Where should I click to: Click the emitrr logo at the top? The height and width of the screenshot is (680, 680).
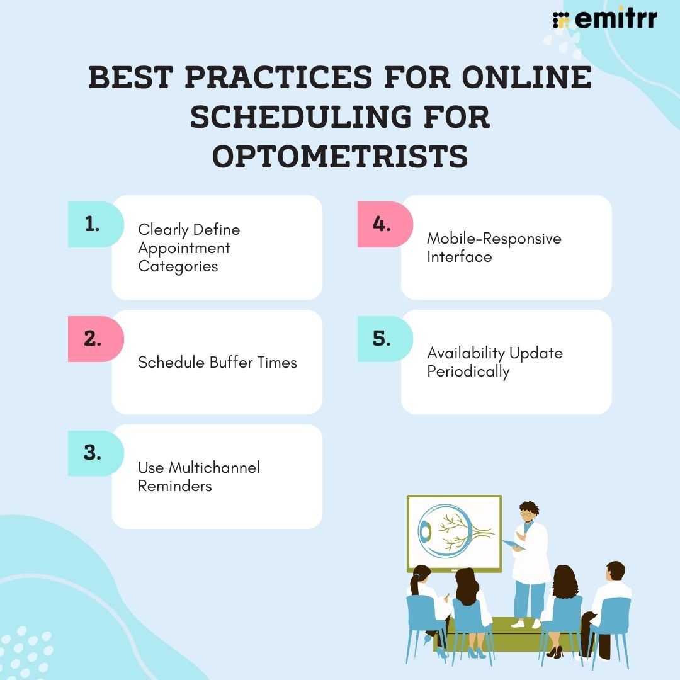[x=604, y=19]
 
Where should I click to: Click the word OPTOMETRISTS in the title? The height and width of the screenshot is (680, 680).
[x=340, y=157]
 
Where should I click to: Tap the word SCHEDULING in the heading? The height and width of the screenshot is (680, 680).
[x=301, y=116]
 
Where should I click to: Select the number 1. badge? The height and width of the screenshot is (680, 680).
[x=96, y=224]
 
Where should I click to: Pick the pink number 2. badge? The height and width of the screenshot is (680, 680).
[x=96, y=339]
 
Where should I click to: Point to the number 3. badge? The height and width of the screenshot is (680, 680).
[x=96, y=453]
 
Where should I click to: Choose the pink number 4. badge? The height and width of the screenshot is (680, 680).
[x=385, y=224]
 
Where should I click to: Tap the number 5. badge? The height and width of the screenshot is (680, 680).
[x=385, y=339]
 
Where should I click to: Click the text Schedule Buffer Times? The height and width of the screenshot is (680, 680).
[x=217, y=362]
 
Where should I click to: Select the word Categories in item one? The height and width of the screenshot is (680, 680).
[x=178, y=266]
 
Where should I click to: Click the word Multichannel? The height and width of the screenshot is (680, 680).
[x=214, y=467]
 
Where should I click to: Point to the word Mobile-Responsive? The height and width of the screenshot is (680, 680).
[x=494, y=239]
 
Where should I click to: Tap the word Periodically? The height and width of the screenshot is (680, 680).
[x=468, y=371]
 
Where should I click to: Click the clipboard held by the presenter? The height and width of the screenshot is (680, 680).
[x=514, y=545]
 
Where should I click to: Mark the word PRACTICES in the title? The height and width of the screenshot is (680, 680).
[x=278, y=77]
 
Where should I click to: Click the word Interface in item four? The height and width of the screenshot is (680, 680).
[x=459, y=257]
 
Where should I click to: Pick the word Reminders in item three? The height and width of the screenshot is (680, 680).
[x=175, y=485]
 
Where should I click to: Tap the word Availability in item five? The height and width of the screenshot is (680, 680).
[x=465, y=353]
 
